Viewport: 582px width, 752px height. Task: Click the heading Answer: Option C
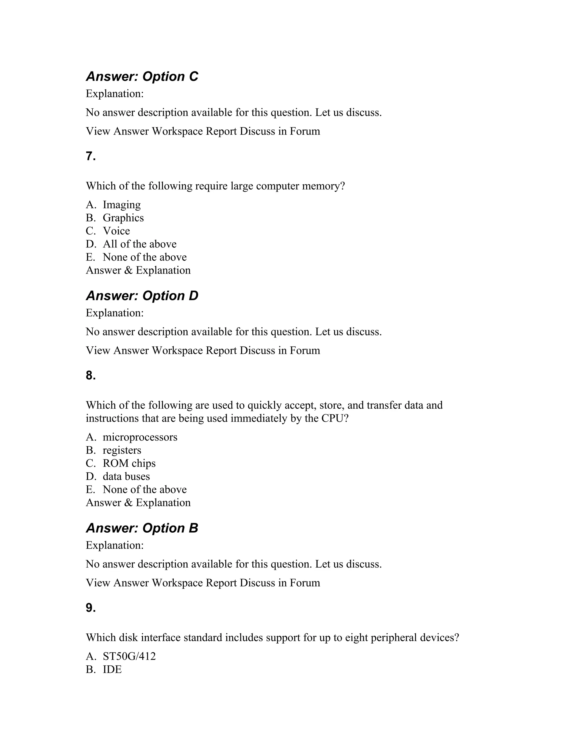[142, 76]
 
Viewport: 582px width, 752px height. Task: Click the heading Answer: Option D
[142, 296]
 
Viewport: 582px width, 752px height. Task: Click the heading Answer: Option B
[142, 528]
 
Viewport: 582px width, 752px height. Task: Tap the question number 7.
[91, 156]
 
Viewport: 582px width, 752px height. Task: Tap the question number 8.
[91, 376]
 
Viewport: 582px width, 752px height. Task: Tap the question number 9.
[91, 608]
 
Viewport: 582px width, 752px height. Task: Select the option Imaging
[122, 205]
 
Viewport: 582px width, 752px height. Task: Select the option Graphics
[123, 218]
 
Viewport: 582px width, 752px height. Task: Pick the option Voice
[116, 231]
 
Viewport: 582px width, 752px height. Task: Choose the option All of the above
[139, 244]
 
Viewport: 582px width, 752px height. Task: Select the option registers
[122, 450]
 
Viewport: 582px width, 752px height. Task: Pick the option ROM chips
[129, 463]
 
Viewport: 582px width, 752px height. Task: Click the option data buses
[126, 476]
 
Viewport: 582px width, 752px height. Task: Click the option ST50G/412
[129, 657]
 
